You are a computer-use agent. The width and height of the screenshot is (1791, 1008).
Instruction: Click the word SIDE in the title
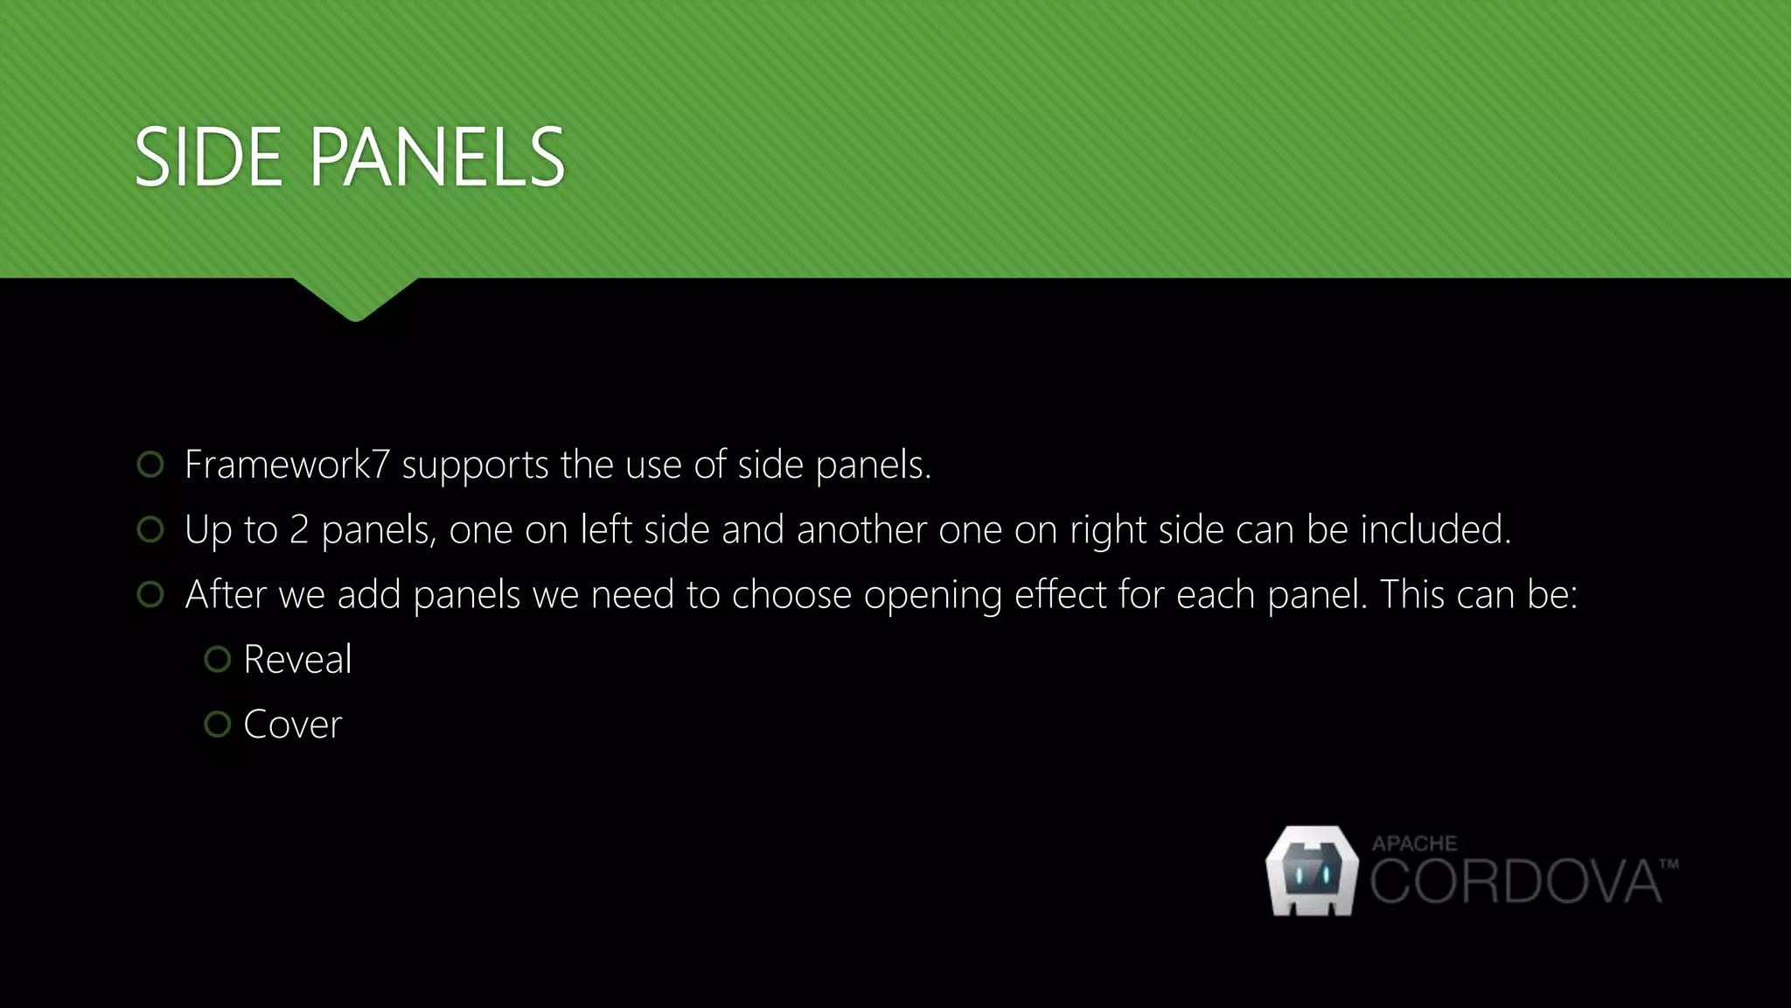209,157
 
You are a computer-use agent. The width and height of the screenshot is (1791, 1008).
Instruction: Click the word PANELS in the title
437,157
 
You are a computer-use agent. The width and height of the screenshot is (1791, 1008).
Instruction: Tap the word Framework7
287,465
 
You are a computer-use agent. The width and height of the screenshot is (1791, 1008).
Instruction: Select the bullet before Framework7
150,465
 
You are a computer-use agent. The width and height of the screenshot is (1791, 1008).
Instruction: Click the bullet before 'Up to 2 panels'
150,529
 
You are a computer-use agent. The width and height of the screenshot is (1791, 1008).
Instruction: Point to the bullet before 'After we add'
150,595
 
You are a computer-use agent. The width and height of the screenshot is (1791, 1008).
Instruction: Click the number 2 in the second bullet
299,530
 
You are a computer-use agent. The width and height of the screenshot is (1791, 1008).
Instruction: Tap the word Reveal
297,660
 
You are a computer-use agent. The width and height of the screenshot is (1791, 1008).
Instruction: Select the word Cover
293,725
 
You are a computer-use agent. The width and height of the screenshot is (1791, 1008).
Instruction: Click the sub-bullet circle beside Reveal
217,660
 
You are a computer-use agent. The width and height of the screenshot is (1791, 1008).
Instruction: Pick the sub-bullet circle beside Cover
217,724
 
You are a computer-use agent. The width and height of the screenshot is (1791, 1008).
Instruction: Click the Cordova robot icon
1312,871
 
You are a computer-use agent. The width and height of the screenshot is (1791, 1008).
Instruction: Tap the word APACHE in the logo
1414,843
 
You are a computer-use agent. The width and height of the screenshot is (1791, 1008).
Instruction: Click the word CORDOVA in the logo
1515,882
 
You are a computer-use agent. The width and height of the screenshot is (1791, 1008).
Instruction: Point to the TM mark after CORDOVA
1669,864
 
